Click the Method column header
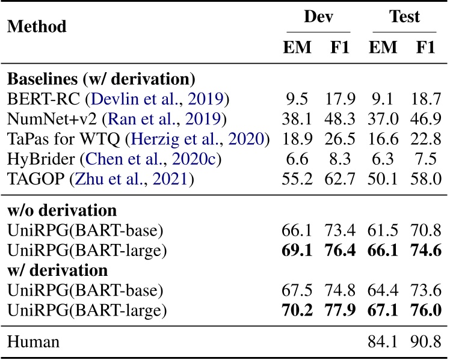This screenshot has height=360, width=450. tap(36, 27)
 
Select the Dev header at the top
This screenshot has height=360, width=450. tap(318, 17)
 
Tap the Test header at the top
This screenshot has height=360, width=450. tap(404, 17)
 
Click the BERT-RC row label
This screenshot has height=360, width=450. tap(39, 97)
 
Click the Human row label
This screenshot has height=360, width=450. tap(33, 343)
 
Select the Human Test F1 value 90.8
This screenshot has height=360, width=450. tap(425, 343)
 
